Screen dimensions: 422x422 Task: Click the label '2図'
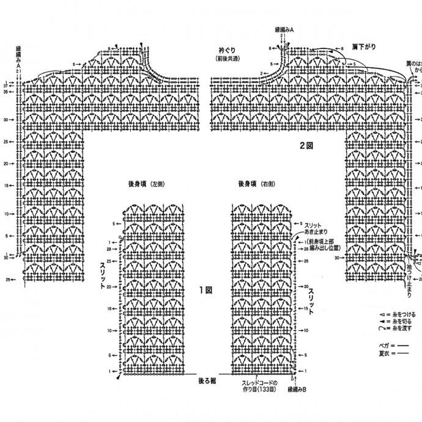pos(306,146)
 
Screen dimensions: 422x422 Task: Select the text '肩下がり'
pos(364,46)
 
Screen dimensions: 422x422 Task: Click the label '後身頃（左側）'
pos(147,183)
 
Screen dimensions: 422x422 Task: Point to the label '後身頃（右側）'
pos(256,183)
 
